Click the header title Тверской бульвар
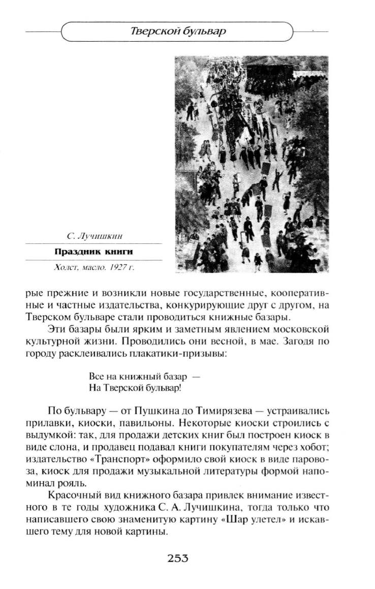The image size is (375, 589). point(178,32)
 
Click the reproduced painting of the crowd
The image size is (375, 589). point(252,164)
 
